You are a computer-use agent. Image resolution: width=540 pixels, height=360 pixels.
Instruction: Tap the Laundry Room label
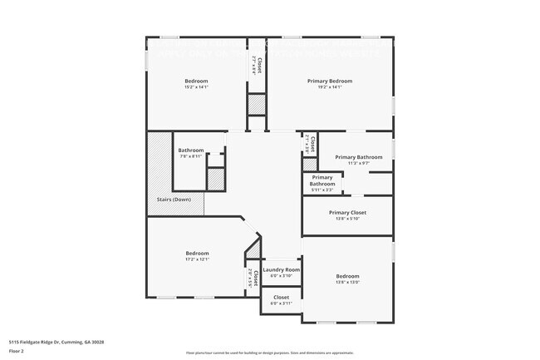[281, 270]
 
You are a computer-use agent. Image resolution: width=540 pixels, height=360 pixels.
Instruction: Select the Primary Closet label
[347, 212]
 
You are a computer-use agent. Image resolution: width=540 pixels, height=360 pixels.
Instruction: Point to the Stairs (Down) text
[174, 200]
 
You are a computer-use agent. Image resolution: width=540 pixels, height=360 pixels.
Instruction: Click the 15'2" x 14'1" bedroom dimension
[196, 87]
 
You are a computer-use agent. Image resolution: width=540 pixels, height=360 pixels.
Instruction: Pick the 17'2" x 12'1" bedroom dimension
[197, 259]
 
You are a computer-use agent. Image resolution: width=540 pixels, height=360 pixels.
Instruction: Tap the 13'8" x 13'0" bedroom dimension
[347, 283]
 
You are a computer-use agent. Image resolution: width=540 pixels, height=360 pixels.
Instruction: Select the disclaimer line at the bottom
[269, 353]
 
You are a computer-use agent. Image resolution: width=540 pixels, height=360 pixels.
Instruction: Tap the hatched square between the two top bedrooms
[257, 106]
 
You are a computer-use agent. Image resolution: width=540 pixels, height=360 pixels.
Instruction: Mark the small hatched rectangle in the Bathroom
[215, 178]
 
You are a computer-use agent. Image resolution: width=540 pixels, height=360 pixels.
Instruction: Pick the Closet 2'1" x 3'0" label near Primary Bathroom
[309, 144]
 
